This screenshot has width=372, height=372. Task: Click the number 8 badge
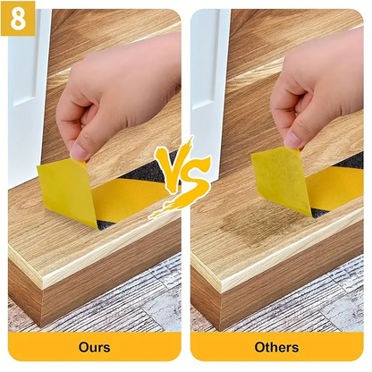click(18, 19)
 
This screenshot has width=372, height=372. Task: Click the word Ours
click(94, 347)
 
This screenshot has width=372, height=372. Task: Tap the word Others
click(276, 347)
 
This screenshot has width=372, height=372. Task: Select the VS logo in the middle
click(180, 178)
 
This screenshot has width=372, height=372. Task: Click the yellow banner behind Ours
click(94, 347)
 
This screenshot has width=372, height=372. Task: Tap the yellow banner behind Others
click(277, 347)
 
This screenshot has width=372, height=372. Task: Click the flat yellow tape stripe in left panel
click(128, 199)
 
